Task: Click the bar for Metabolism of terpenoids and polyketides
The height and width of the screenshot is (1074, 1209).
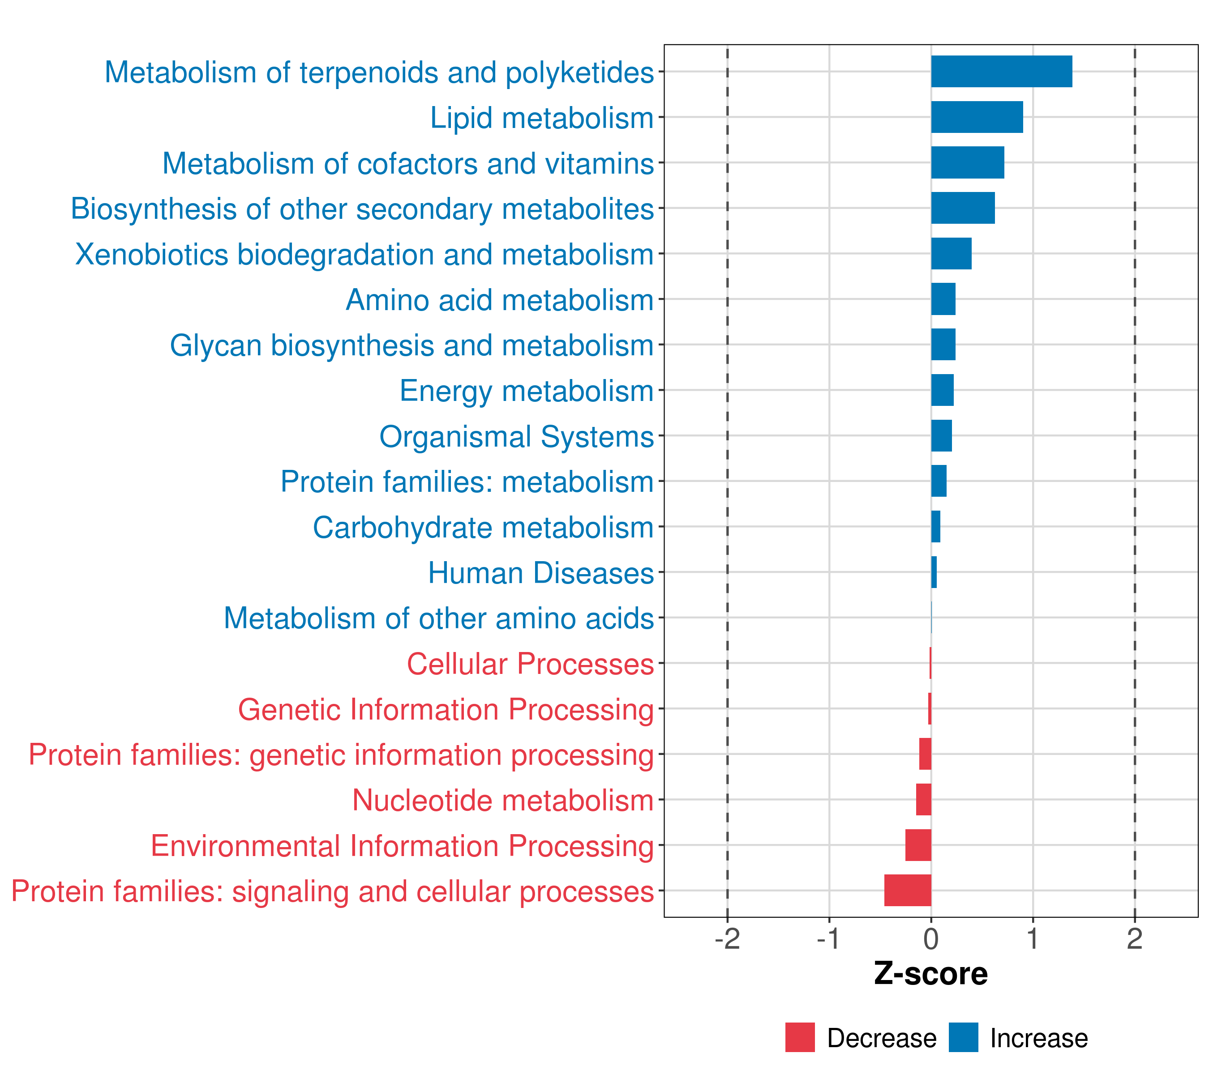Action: tap(1001, 72)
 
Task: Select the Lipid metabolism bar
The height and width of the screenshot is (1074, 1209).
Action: tap(977, 117)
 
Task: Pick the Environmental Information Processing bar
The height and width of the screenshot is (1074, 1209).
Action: tap(918, 845)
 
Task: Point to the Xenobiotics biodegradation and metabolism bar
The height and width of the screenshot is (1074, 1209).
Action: tap(951, 254)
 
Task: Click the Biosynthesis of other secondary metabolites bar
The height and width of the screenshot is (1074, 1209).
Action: tap(962, 208)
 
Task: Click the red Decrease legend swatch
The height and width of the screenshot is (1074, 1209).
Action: tap(800, 1037)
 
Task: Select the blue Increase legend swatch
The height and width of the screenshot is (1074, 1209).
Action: tap(963, 1037)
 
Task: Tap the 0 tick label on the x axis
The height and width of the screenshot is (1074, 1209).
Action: tap(931, 939)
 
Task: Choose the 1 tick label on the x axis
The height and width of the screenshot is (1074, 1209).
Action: tap(1033, 939)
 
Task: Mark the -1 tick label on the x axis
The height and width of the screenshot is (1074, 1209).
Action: tap(829, 939)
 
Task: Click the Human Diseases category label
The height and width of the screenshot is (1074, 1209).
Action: tap(540, 573)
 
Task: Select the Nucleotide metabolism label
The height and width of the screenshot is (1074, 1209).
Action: tap(503, 800)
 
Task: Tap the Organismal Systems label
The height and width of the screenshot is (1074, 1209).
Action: tap(516, 437)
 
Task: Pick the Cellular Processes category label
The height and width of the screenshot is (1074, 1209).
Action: tap(530, 664)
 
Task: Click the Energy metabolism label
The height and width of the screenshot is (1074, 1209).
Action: tap(527, 391)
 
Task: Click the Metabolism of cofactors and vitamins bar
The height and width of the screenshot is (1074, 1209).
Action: tap(967, 162)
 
